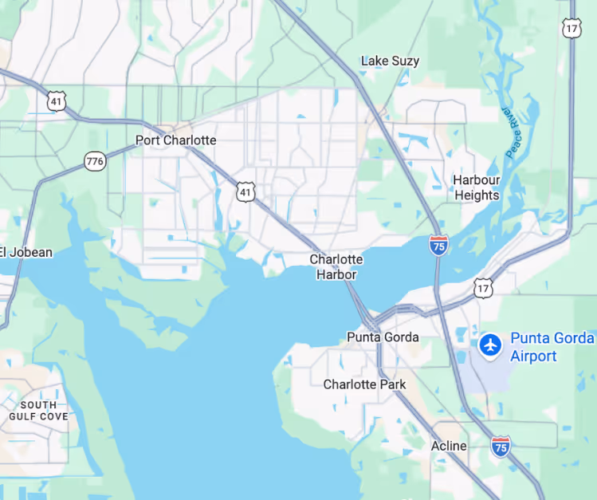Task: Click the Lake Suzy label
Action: (390, 61)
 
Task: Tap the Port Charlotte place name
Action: (175, 140)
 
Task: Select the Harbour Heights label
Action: (476, 187)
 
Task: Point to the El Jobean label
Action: (26, 253)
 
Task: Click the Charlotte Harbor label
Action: (336, 267)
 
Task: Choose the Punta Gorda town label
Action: (383, 337)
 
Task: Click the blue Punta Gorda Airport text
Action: (552, 347)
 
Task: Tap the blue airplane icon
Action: (489, 345)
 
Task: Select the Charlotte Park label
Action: (364, 384)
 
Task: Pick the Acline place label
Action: (449, 446)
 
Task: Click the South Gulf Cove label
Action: (38, 411)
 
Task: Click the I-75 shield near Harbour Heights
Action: (438, 245)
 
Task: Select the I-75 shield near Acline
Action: (501, 447)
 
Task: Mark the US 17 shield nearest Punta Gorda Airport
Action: (483, 288)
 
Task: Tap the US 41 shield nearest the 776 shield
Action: (55, 100)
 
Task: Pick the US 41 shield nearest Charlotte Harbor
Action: (245, 191)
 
